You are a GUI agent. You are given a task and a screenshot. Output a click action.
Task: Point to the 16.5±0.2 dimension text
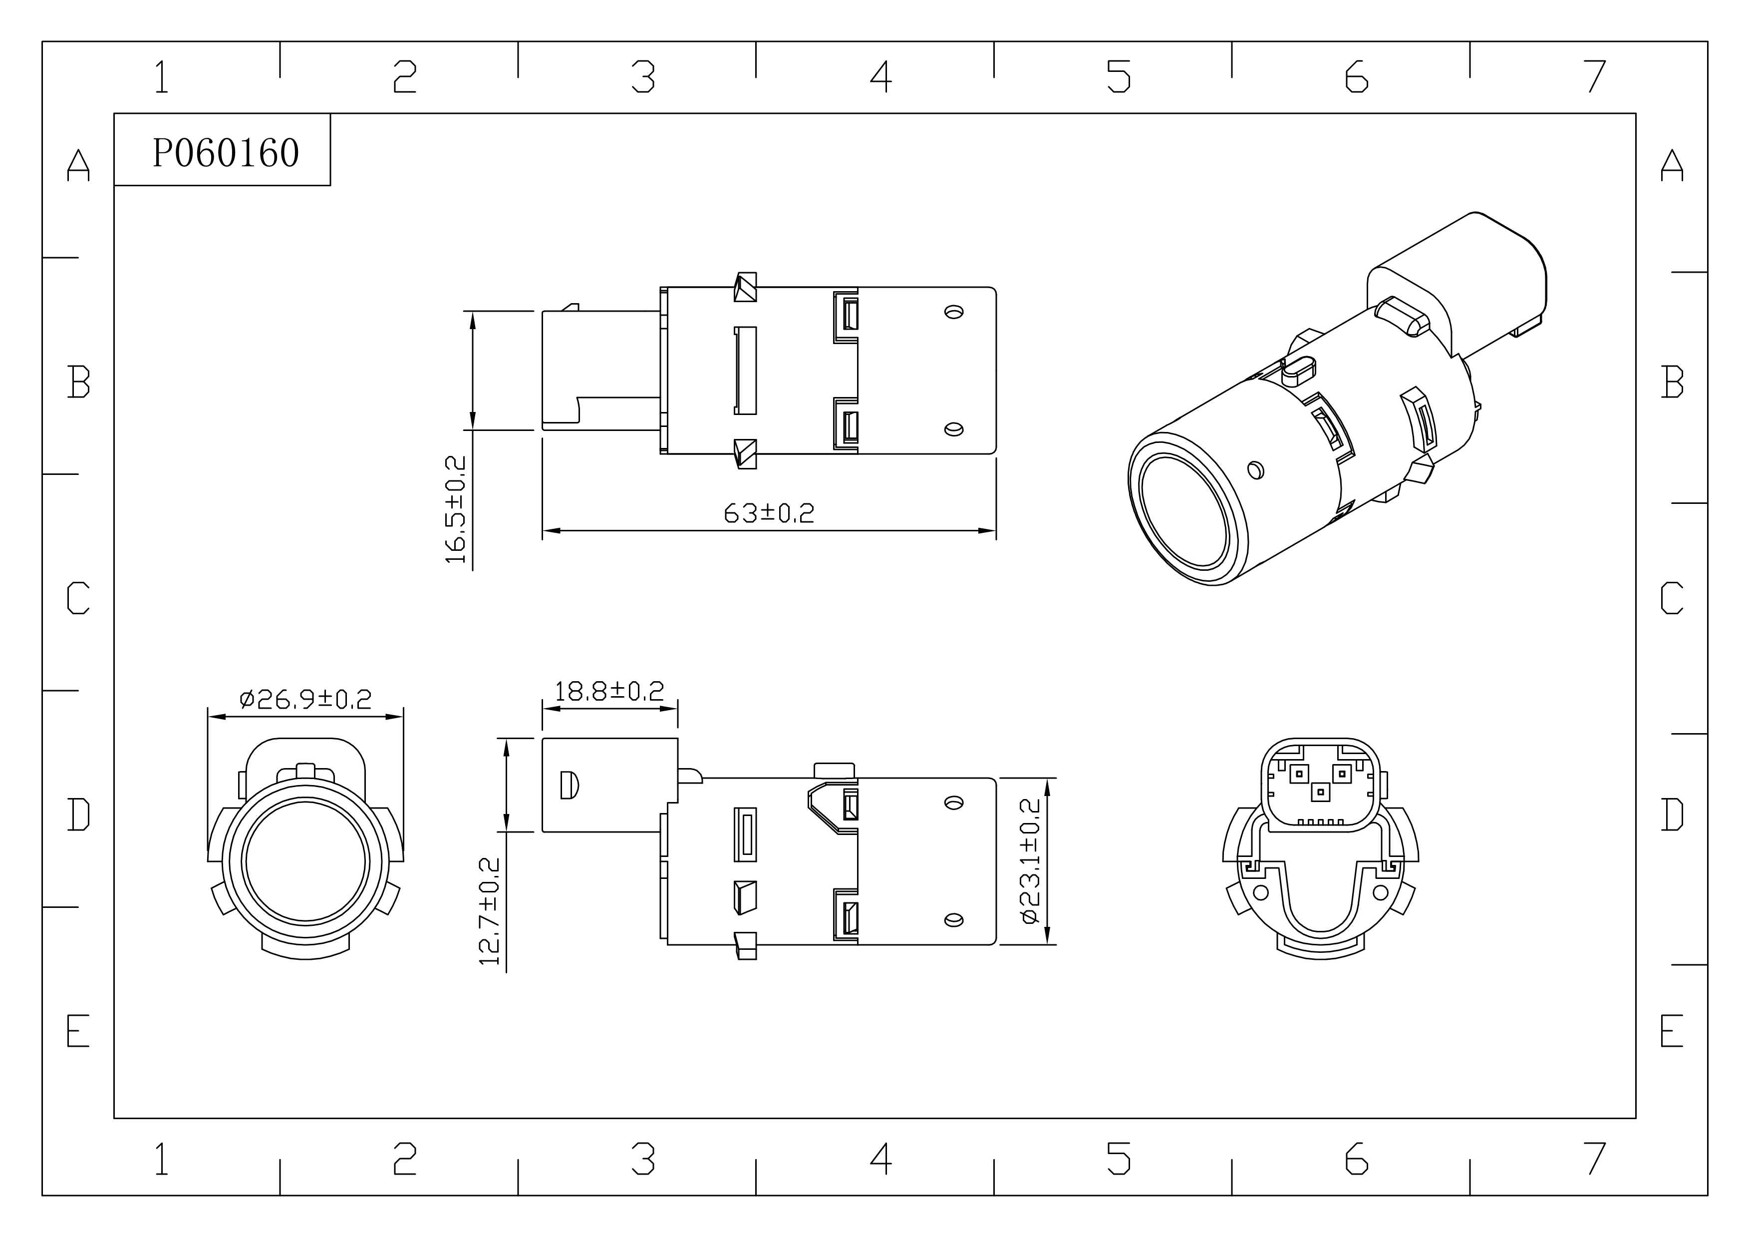[456, 509]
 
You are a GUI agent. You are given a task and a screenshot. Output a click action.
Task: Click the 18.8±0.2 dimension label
[609, 691]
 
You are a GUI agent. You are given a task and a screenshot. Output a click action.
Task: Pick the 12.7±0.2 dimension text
[490, 911]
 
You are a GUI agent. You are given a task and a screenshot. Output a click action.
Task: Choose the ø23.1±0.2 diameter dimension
[1030, 861]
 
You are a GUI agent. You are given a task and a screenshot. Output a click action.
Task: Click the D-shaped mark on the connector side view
[570, 785]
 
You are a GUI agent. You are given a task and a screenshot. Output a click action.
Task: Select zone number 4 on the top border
[881, 76]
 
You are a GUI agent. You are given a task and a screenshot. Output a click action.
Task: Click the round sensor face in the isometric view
[1183, 512]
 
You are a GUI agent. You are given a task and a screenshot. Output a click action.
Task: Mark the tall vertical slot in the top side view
[745, 371]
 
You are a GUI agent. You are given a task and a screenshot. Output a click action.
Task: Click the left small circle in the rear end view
[1261, 892]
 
